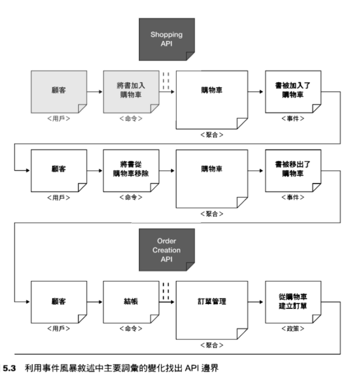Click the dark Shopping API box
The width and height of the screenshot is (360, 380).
tap(166, 39)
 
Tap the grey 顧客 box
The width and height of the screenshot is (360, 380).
tap(59, 92)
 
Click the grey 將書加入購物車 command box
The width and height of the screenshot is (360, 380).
tap(131, 92)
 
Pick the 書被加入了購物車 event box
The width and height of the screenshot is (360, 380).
tap(293, 91)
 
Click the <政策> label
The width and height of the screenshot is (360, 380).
tap(293, 328)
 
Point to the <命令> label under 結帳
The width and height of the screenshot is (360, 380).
tap(131, 328)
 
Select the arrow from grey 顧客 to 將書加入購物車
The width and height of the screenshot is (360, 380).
tap(95, 92)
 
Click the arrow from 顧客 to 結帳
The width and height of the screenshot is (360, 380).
tap(95, 302)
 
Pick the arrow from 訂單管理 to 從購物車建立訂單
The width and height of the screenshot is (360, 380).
tap(257, 302)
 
